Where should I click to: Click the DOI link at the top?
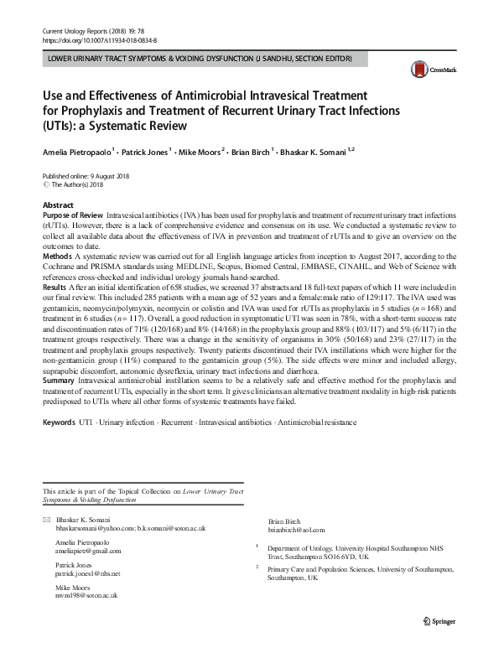tap(99, 39)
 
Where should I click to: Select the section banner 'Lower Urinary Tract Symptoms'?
tap(200, 59)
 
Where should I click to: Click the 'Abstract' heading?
tap(58, 205)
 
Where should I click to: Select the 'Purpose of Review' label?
tap(73, 215)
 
